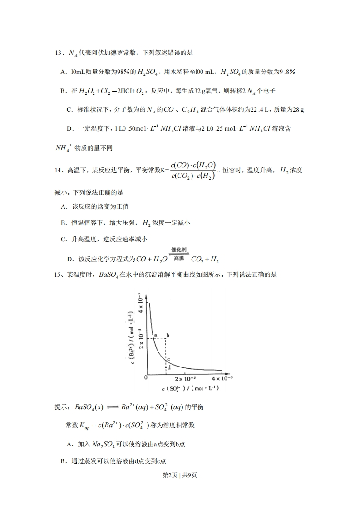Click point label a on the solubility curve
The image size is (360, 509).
point(155,335)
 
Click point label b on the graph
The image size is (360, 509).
point(168,335)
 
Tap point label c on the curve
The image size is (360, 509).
point(168,360)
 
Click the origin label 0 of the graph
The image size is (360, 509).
point(146,377)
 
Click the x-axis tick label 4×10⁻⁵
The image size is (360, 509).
point(222,379)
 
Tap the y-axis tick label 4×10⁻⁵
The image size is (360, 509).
point(141,303)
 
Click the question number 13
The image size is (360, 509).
point(59,53)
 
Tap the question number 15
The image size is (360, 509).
point(59,274)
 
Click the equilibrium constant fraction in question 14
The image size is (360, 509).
point(193,171)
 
